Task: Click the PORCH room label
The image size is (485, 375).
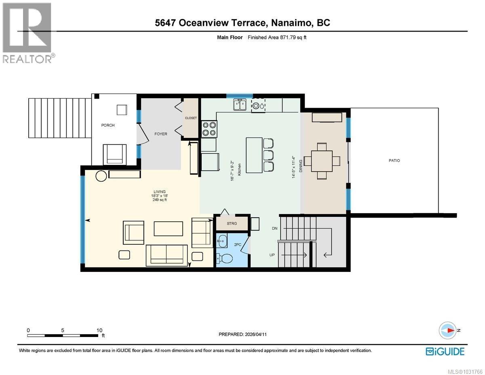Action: [108, 125]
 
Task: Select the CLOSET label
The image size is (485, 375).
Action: [191, 118]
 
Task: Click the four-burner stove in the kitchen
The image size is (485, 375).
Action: [209, 129]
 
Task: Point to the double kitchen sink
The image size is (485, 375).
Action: [240, 105]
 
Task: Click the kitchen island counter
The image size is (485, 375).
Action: [254, 155]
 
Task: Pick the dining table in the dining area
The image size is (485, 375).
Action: [322, 161]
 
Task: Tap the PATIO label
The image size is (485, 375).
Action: [394, 161]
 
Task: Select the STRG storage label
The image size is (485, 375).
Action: [231, 223]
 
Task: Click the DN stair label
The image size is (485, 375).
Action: [275, 229]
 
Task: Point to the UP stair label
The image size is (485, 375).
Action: [273, 255]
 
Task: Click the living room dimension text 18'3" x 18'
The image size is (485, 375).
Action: [159, 196]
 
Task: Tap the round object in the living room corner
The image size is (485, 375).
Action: [101, 176]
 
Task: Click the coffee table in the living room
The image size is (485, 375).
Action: [168, 229]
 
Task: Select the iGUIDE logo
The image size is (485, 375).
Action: [445, 351]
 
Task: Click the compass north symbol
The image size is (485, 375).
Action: [449, 330]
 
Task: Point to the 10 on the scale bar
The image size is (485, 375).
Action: [99, 330]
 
